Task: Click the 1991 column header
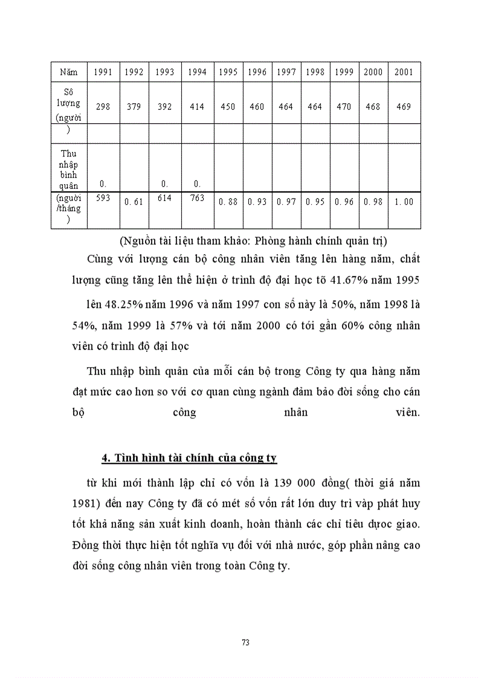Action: (103, 72)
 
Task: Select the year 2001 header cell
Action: (404, 72)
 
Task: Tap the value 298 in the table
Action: (103, 107)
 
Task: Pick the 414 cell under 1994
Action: (197, 107)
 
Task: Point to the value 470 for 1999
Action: (344, 107)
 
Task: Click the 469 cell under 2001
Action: (404, 107)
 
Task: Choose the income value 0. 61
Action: (134, 202)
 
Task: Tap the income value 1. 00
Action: (404, 202)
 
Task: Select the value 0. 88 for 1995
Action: (228, 202)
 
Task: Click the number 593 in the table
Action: (103, 197)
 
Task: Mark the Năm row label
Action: (69, 72)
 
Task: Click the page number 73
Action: (245, 642)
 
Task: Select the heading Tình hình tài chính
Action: (188, 458)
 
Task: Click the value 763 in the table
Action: (197, 197)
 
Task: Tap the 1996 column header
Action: (257, 72)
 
